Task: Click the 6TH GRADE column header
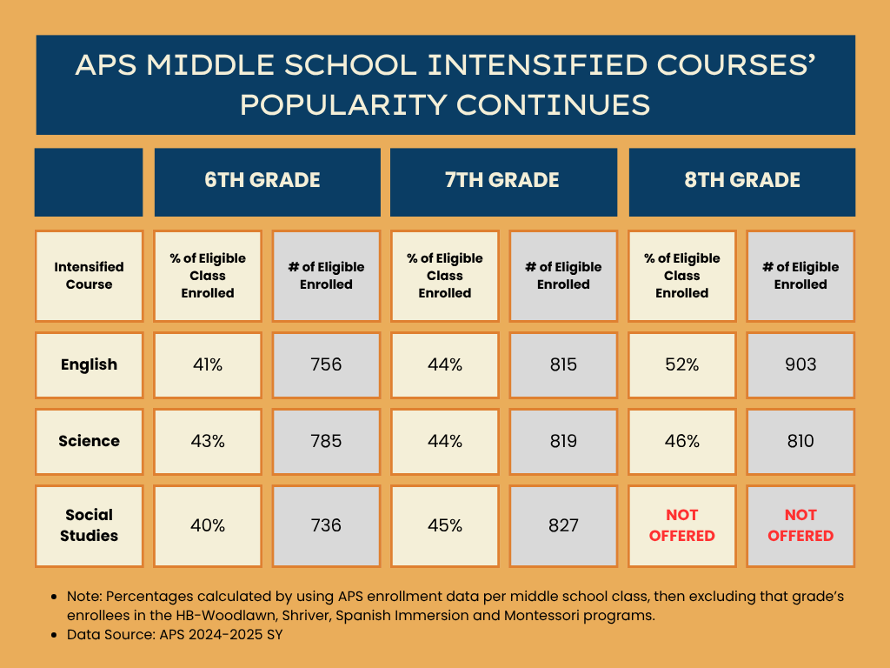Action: click(x=267, y=181)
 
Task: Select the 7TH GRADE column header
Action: click(x=503, y=181)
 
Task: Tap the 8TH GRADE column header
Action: click(x=741, y=181)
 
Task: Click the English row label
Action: click(x=89, y=364)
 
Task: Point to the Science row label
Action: click(x=89, y=441)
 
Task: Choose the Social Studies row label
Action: click(x=89, y=525)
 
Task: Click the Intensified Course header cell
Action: click(x=89, y=276)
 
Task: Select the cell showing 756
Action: click(x=326, y=364)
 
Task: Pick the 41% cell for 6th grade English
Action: click(x=208, y=364)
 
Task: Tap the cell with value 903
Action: click(x=800, y=364)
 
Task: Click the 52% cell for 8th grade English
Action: click(x=682, y=364)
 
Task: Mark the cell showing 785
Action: click(x=326, y=441)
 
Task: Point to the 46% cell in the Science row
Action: click(x=682, y=441)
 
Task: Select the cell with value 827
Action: click(x=563, y=525)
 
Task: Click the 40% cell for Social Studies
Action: click(x=208, y=525)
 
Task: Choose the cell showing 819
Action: click(x=563, y=441)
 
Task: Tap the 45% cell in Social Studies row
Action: click(x=445, y=525)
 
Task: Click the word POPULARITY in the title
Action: click(x=342, y=105)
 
